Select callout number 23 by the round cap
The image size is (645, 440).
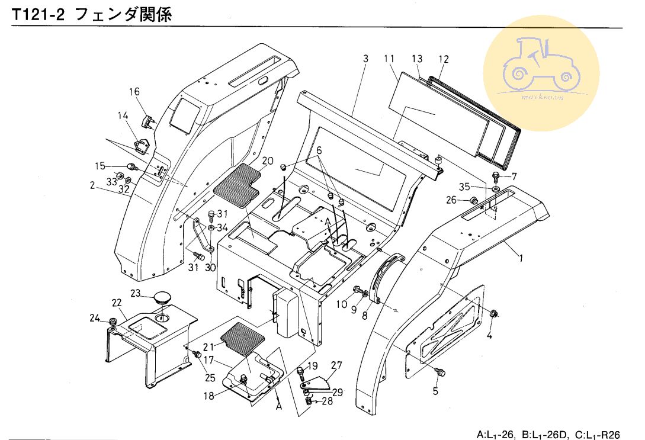[135, 293]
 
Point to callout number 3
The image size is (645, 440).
[365, 59]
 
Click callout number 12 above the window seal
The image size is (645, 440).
[444, 59]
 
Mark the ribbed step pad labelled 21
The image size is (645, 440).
[242, 336]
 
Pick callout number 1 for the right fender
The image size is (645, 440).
[521, 258]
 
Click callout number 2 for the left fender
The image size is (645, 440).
[92, 185]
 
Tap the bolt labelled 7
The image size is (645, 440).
[496, 176]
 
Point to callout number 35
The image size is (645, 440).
[464, 187]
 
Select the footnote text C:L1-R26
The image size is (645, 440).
[601, 433]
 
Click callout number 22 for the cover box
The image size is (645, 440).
[117, 303]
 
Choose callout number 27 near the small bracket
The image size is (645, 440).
[336, 365]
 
